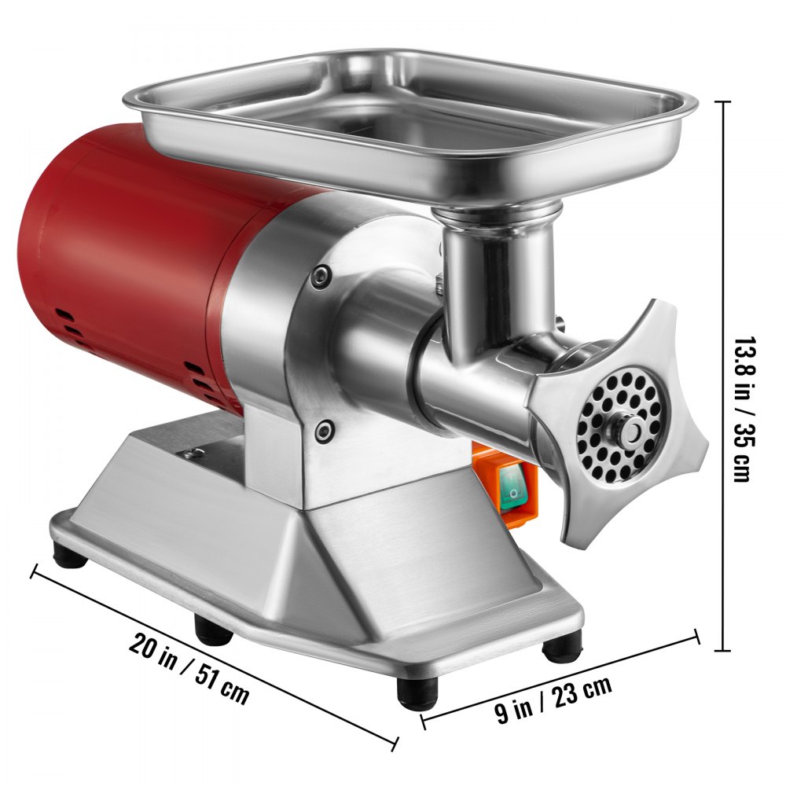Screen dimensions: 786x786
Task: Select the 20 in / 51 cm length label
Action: pyautogui.click(x=189, y=667)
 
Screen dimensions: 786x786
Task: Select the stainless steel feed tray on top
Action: pyautogui.click(x=409, y=118)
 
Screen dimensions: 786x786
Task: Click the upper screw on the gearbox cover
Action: pyautogui.click(x=321, y=274)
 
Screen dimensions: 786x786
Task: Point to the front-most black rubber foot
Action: pyautogui.click(x=417, y=694)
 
